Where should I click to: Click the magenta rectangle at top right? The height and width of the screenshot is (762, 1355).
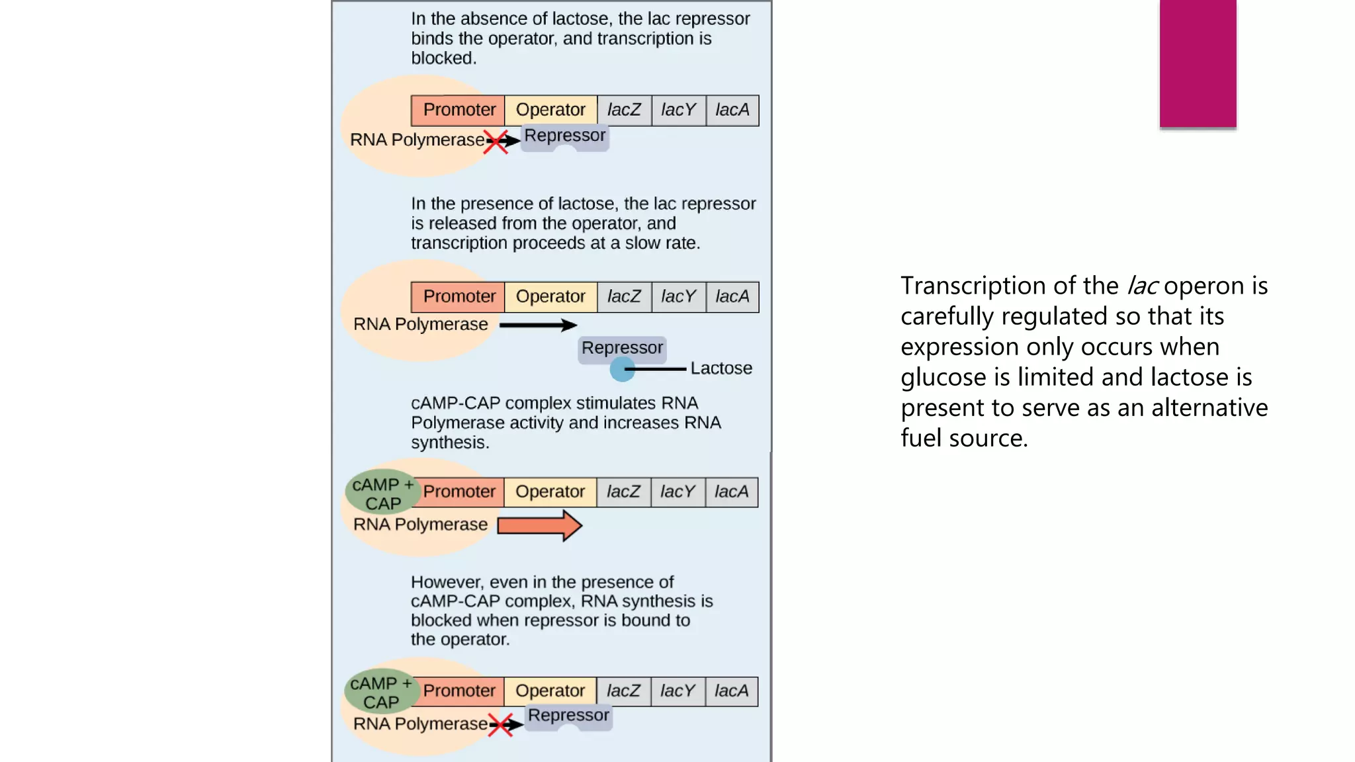pyautogui.click(x=1198, y=63)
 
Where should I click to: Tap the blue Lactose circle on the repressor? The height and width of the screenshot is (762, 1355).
pyautogui.click(x=622, y=369)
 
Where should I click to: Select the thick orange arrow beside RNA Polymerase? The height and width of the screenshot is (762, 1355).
pyautogui.click(x=539, y=526)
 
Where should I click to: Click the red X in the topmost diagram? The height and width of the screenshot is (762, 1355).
pyautogui.click(x=496, y=142)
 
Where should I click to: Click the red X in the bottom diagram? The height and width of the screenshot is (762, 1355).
pyautogui.click(x=501, y=725)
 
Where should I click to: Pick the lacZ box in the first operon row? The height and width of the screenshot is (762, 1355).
pyautogui.click(x=624, y=110)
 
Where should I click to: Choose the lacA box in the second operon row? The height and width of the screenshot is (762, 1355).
pyautogui.click(x=732, y=297)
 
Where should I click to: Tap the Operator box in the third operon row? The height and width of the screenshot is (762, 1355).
pyautogui.click(x=550, y=492)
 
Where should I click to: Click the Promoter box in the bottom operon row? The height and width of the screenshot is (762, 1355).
pyautogui.click(x=459, y=691)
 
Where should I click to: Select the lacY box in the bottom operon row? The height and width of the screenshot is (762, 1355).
pyautogui.click(x=677, y=691)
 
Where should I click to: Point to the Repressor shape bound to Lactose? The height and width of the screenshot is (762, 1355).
pyautogui.click(x=622, y=348)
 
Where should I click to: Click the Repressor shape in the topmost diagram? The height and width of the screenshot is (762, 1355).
pyautogui.click(x=564, y=136)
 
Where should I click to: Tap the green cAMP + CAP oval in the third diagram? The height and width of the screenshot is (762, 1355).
pyautogui.click(x=382, y=493)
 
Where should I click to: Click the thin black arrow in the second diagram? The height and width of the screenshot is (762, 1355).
pyautogui.click(x=537, y=325)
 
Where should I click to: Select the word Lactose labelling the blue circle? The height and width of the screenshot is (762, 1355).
pyautogui.click(x=721, y=368)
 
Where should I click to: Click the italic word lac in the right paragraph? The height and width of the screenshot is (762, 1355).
pyautogui.click(x=1142, y=286)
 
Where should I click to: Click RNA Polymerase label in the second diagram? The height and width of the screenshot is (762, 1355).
pyautogui.click(x=420, y=325)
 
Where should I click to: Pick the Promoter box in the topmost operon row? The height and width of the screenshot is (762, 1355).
pyautogui.click(x=459, y=110)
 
